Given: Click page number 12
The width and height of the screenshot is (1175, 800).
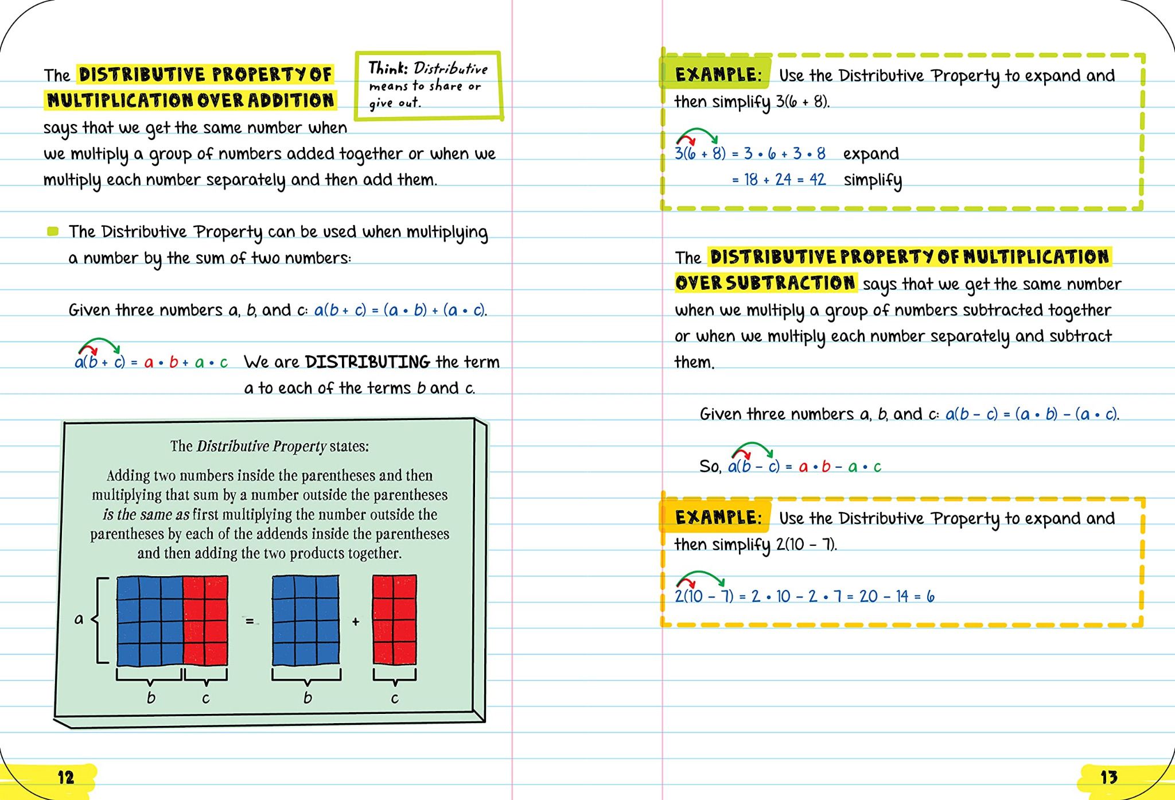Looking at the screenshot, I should pyautogui.click(x=66, y=778).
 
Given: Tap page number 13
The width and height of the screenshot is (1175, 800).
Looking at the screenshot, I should pyautogui.click(x=1108, y=778).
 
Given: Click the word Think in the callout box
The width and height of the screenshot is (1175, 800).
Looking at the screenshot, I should pyautogui.click(x=387, y=68).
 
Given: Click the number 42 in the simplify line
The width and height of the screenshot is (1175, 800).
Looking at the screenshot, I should pyautogui.click(x=817, y=180).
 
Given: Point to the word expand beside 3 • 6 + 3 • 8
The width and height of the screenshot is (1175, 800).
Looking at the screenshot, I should pyautogui.click(x=871, y=154).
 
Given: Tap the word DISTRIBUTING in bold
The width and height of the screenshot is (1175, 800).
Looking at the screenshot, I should pyautogui.click(x=367, y=362).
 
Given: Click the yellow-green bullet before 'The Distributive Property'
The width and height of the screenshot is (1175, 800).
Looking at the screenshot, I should pyautogui.click(x=53, y=232).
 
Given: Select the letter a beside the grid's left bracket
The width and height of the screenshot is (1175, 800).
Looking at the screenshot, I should pyautogui.click(x=79, y=619).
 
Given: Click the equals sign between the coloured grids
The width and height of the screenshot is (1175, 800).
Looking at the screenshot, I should pyautogui.click(x=250, y=621).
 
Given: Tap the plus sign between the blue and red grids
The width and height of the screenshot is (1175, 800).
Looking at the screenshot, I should pyautogui.click(x=356, y=622).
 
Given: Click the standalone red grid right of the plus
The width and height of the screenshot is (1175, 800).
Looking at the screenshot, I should pyautogui.click(x=395, y=620).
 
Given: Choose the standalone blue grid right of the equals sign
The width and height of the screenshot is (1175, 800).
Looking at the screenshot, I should pyautogui.click(x=305, y=620).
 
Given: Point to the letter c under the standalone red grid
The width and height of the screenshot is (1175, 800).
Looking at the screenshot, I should pyautogui.click(x=395, y=698).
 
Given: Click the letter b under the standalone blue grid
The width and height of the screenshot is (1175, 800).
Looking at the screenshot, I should pyautogui.click(x=308, y=698).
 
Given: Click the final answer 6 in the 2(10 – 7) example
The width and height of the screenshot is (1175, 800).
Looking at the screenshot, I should pyautogui.click(x=930, y=597).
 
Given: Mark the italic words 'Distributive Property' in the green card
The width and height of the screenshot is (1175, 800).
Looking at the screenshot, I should pyautogui.click(x=262, y=446).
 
